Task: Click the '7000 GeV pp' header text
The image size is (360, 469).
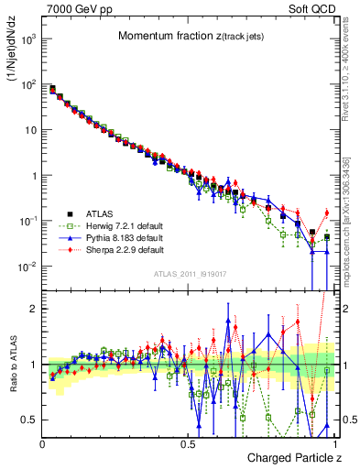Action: pos(75,9)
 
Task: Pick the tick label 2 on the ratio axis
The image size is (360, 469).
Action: pos(33,309)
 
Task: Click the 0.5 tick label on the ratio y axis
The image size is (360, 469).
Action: pos(29,420)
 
